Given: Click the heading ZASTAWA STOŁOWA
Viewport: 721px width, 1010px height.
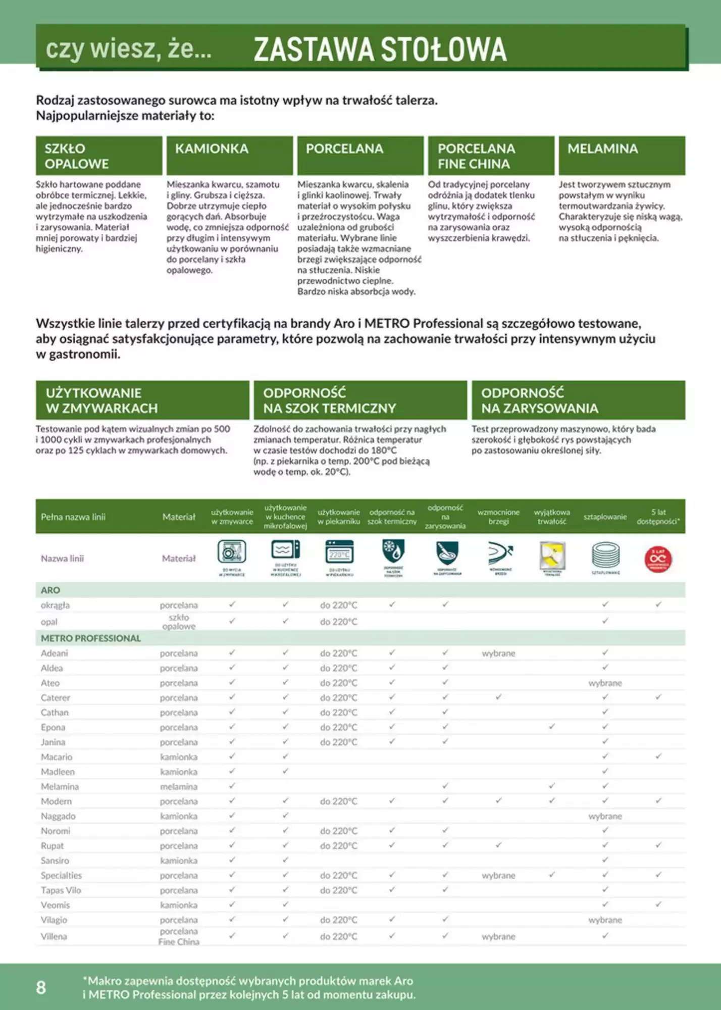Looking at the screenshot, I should [380, 49].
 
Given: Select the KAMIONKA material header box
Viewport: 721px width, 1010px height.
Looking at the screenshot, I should [230, 155].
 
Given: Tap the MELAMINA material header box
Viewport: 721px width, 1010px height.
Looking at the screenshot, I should [622, 155].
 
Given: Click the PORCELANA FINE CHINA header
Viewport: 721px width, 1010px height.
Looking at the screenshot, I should [491, 156].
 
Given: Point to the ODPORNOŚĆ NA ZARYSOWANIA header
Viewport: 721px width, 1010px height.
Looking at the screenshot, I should [578, 400].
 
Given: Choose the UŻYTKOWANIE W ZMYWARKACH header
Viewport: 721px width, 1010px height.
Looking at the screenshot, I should [142, 400].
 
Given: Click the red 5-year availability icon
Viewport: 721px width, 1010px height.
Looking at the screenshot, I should [658, 559].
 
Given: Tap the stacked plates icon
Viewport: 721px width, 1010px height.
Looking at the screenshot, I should [605, 557].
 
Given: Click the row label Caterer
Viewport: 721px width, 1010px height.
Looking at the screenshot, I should [56, 697].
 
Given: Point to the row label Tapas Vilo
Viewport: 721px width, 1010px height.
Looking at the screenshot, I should [61, 890].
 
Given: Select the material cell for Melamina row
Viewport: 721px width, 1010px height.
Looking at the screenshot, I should [179, 786].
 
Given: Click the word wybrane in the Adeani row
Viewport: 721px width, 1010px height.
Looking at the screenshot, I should [498, 653].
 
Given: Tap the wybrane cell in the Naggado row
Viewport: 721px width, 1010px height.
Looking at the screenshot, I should [605, 816].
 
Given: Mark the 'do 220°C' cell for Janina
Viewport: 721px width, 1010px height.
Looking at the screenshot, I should [338, 742].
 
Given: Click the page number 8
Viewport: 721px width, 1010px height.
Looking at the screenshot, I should [41, 987].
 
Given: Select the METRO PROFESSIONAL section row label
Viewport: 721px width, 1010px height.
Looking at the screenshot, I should [91, 638].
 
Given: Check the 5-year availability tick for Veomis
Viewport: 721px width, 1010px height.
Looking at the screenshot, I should [658, 904].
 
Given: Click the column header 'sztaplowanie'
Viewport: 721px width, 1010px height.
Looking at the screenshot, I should [605, 517].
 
